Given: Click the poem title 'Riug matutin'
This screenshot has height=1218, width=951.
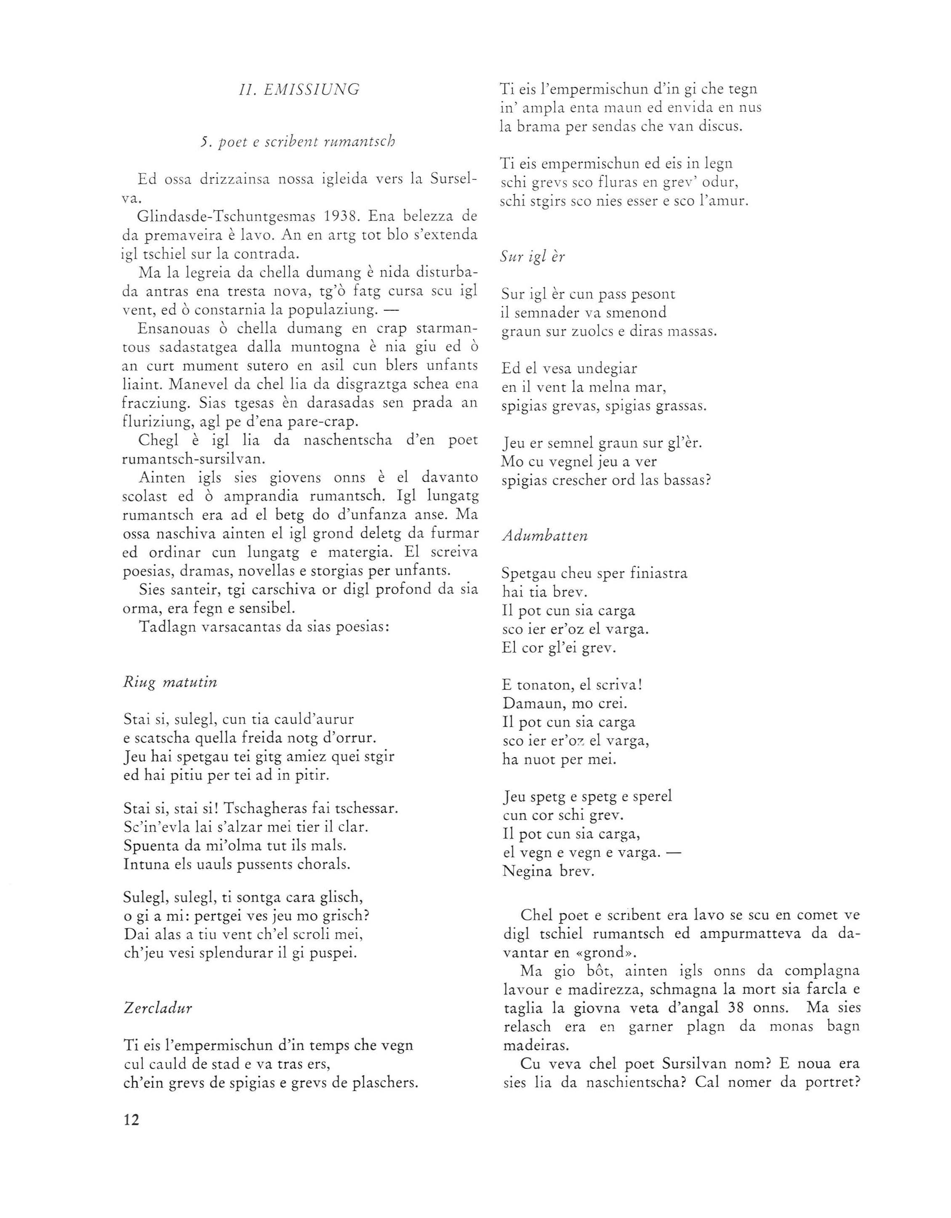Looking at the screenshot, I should (170, 682).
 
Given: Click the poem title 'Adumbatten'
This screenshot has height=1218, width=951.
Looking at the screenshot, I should (545, 536).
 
